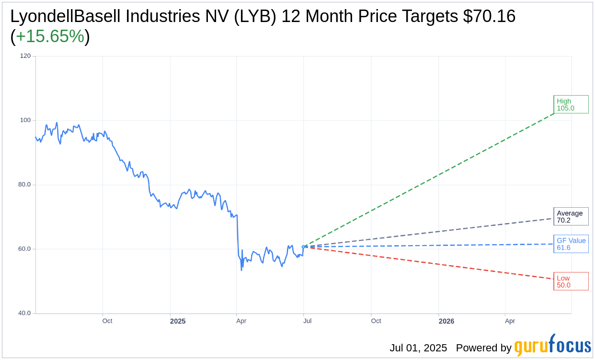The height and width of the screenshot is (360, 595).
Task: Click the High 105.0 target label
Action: [x=571, y=104]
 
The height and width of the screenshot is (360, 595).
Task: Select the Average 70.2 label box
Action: [x=571, y=216]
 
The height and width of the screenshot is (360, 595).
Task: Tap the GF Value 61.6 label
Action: [x=571, y=244]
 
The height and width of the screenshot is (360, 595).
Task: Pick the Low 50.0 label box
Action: [x=571, y=281]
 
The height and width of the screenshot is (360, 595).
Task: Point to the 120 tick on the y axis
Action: [x=25, y=56]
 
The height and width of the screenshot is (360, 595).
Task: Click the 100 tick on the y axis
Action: [x=25, y=120]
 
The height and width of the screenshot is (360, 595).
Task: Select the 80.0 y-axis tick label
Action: [x=24, y=185]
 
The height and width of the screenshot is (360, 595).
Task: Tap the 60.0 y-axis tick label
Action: [x=24, y=249]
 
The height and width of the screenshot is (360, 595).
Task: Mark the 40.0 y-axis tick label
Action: [x=24, y=314]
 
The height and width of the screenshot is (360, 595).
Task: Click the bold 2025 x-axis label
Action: [x=178, y=321]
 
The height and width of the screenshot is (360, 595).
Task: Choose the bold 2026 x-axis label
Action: [x=446, y=321]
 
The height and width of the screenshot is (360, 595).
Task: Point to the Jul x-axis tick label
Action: [x=307, y=321]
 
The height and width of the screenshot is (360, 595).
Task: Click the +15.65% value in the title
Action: [x=50, y=37]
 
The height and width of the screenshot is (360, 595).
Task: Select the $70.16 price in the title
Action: [x=489, y=17]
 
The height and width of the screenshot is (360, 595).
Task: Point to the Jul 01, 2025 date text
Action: [x=418, y=348]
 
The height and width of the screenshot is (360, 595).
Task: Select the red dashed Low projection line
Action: [x=431, y=263]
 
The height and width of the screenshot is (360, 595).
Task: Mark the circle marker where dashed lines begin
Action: [x=303, y=247]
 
